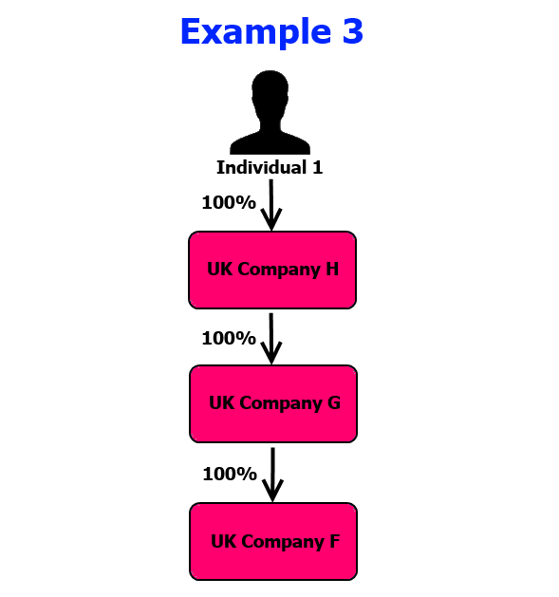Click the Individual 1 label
point(270,168)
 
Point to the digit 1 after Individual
point(318,168)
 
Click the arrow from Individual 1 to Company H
point(271,205)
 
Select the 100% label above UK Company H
point(229,202)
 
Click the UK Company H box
point(272,270)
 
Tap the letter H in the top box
point(332,269)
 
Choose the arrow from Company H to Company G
point(271,339)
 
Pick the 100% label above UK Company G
point(229,338)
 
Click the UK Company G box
point(273,403)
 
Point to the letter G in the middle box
point(334,402)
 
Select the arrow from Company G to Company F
point(272,475)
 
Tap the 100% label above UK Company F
point(230,474)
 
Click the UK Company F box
point(273,541)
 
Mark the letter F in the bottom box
point(335,541)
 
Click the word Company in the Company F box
point(283,542)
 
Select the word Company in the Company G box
point(281,403)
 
